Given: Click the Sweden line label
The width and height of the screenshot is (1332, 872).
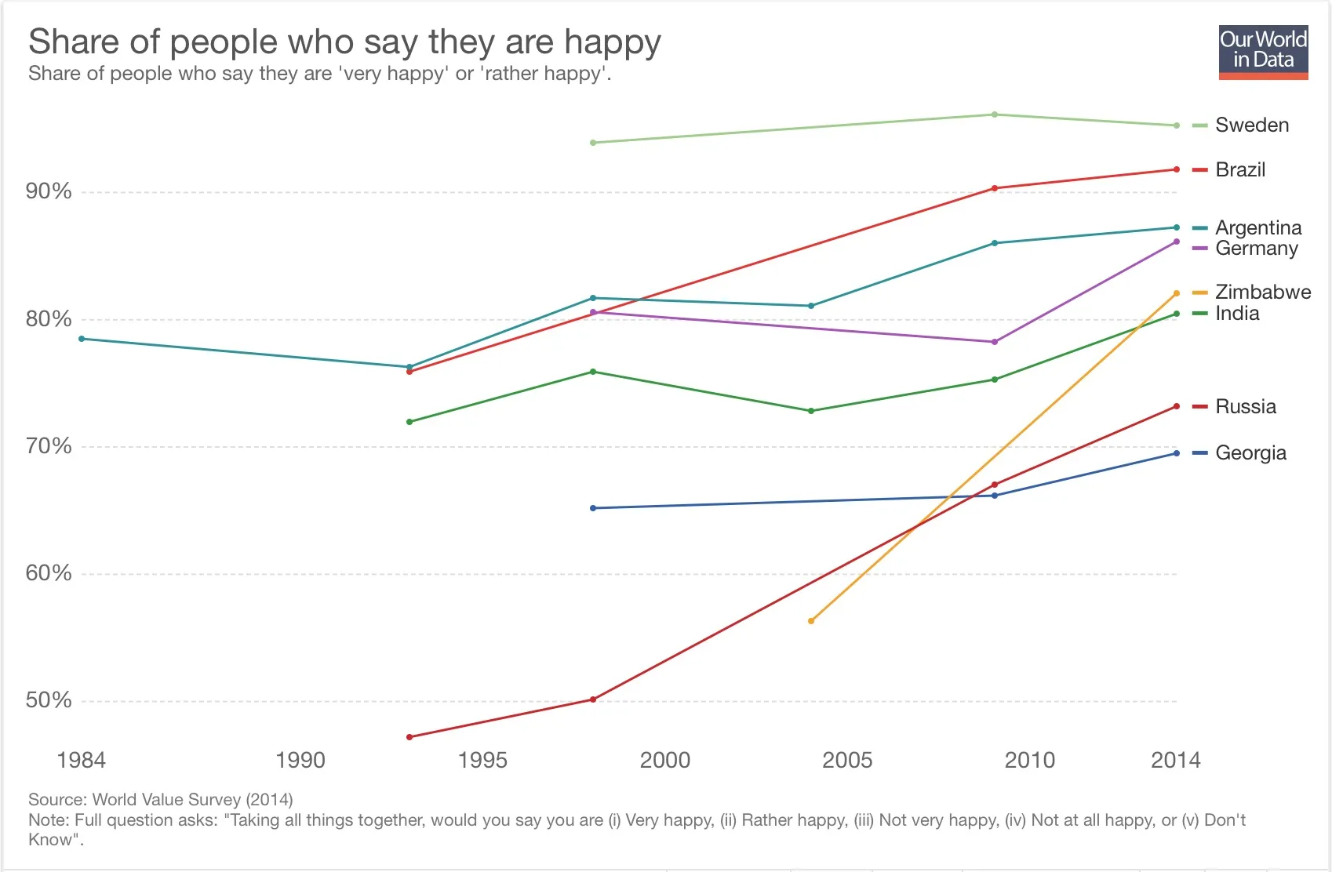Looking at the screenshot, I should pyautogui.click(x=1251, y=125).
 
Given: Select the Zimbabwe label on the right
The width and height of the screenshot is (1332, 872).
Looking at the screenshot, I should pyautogui.click(x=1262, y=292).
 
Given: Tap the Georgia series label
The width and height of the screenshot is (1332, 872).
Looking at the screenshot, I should pyautogui.click(x=1250, y=453).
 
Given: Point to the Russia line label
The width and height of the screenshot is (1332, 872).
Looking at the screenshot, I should pyautogui.click(x=1245, y=407).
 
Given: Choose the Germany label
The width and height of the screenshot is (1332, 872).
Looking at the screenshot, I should pyautogui.click(x=1256, y=249).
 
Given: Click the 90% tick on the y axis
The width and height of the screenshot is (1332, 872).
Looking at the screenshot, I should pyautogui.click(x=49, y=191).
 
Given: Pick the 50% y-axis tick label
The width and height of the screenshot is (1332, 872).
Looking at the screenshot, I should pyautogui.click(x=49, y=700).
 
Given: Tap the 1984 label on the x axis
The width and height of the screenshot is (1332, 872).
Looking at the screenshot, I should pyautogui.click(x=81, y=760).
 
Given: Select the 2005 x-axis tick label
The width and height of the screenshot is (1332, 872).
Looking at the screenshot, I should pyautogui.click(x=847, y=760).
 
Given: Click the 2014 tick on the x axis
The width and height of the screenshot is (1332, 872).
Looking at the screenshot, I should pyautogui.click(x=1175, y=760).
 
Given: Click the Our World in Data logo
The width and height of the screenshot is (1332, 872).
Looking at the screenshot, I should pyautogui.click(x=1263, y=52).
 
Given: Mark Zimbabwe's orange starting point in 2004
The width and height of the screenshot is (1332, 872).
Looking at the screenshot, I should pyautogui.click(x=811, y=621).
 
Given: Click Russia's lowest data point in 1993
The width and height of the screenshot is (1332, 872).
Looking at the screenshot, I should pyautogui.click(x=409, y=737).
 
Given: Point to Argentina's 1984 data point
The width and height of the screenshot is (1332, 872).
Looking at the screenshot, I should pyautogui.click(x=82, y=339).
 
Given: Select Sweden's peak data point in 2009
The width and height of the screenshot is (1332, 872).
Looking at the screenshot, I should pyautogui.click(x=995, y=114).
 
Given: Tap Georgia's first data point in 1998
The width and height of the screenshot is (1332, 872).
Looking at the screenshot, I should pyautogui.click(x=593, y=508).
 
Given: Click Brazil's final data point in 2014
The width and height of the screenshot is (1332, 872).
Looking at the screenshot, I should pyautogui.click(x=1177, y=169).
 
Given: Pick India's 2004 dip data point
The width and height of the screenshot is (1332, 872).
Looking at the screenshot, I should pyautogui.click(x=811, y=411).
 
